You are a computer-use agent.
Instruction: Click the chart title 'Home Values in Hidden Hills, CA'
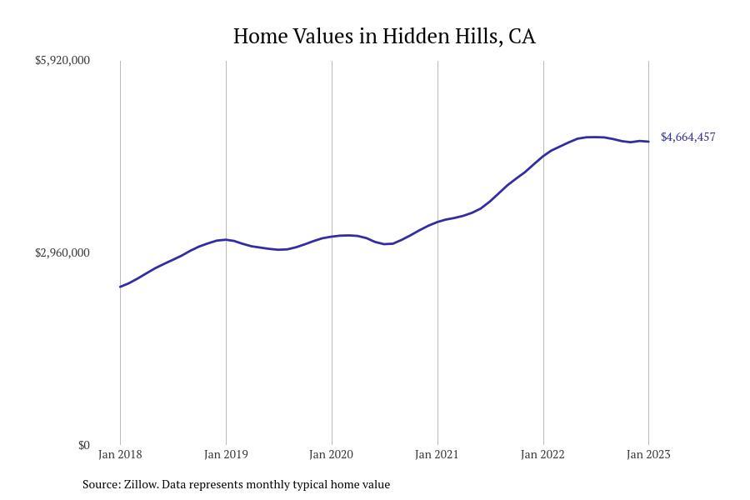(x=384, y=36)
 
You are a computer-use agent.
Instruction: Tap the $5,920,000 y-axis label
(x=62, y=60)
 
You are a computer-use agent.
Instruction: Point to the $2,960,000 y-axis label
(x=62, y=252)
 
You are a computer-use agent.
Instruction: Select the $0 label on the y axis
(x=83, y=445)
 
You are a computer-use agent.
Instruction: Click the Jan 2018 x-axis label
(x=120, y=454)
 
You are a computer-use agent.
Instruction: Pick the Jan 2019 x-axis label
(x=226, y=454)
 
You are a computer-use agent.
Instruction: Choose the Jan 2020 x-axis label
(x=331, y=454)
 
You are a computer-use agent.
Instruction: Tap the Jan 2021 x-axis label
(x=437, y=454)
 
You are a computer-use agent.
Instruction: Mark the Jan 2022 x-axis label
(x=542, y=454)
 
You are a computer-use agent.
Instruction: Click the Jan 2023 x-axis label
(x=648, y=454)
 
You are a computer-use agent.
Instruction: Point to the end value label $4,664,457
(x=687, y=137)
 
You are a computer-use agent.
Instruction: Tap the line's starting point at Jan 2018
(x=120, y=287)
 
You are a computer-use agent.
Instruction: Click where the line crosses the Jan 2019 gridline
(x=226, y=240)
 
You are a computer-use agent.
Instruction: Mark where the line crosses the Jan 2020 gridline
(x=332, y=237)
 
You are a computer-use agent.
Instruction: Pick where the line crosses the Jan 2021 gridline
(x=437, y=222)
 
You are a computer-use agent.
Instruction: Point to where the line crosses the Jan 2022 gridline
(x=543, y=155)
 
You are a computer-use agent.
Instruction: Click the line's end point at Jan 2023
(x=648, y=142)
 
